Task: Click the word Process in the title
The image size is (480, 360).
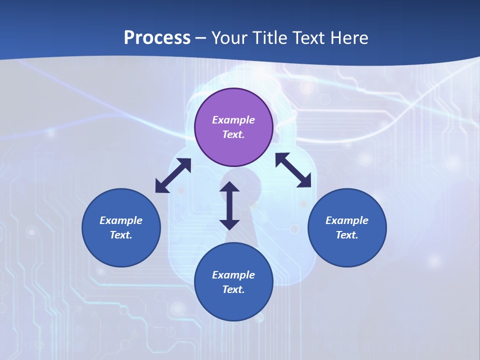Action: click(x=157, y=37)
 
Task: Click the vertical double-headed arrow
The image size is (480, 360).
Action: click(x=229, y=205)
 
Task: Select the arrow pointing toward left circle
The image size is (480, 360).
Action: click(x=173, y=175)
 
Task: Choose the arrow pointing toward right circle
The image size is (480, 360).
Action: click(x=293, y=170)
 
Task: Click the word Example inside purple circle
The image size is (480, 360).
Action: click(x=233, y=120)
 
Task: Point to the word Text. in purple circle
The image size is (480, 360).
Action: click(x=233, y=134)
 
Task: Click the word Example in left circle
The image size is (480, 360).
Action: click(x=121, y=220)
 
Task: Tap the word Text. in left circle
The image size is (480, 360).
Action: click(x=121, y=235)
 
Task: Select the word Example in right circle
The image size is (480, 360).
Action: click(x=347, y=220)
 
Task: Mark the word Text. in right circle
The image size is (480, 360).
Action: click(x=347, y=235)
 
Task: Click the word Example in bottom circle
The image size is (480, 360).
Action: click(x=233, y=275)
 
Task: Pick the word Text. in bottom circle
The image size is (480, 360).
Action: click(x=233, y=289)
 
